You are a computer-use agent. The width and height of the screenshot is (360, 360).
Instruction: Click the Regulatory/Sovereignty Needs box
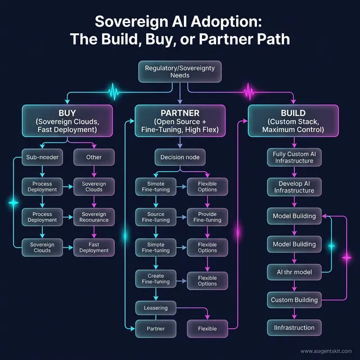(x=179, y=72)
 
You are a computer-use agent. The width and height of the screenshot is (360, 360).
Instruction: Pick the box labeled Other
(x=94, y=157)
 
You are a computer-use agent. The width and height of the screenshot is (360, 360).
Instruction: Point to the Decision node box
(x=179, y=157)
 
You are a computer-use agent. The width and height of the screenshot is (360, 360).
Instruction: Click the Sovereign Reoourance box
(x=94, y=217)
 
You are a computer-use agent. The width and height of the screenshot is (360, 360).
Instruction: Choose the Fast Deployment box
(x=94, y=248)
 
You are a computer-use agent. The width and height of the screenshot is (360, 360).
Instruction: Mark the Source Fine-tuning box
(x=155, y=217)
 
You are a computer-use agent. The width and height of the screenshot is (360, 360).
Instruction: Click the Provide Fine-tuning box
(x=206, y=217)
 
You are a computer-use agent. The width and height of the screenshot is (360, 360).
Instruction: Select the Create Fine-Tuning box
(x=155, y=279)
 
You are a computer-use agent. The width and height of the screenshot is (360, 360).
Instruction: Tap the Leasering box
(x=155, y=308)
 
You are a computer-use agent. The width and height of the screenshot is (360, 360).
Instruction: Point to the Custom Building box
(x=294, y=300)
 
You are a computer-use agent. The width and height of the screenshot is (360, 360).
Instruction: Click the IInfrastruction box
(x=294, y=327)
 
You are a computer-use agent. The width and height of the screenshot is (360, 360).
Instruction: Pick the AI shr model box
(x=294, y=272)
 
